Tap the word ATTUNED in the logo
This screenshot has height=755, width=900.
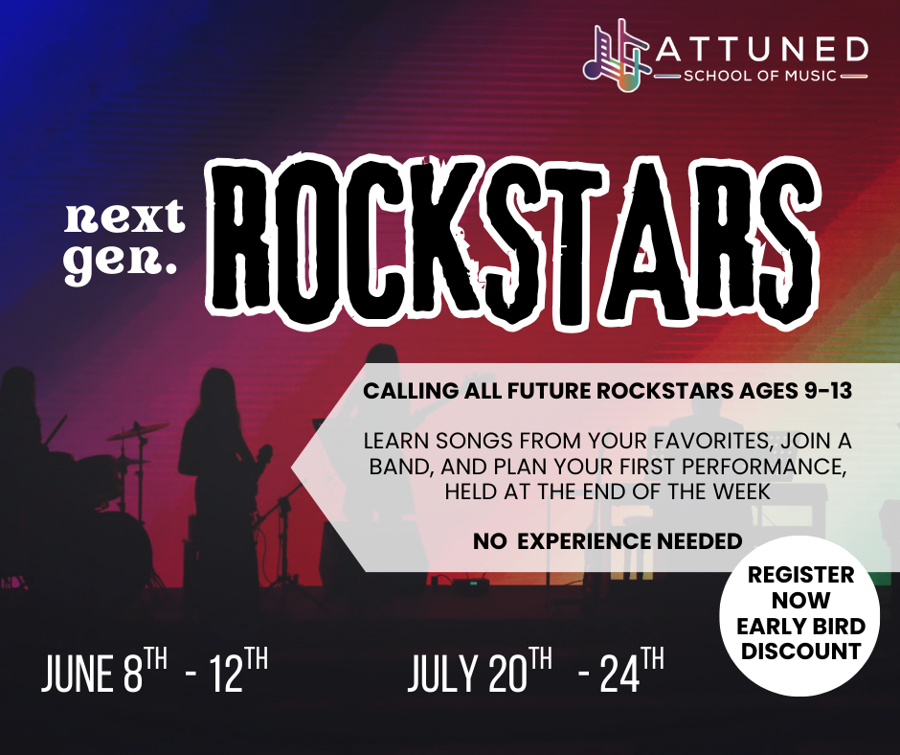click(x=761, y=47)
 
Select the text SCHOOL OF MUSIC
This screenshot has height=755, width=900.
click(x=760, y=75)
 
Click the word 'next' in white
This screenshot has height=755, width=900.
click(x=124, y=219)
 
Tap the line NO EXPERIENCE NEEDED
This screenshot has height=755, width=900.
click(x=607, y=541)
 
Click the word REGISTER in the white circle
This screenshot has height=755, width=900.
click(x=801, y=577)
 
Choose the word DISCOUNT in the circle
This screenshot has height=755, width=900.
click(x=801, y=652)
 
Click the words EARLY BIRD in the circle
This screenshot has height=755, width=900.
click(x=801, y=627)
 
